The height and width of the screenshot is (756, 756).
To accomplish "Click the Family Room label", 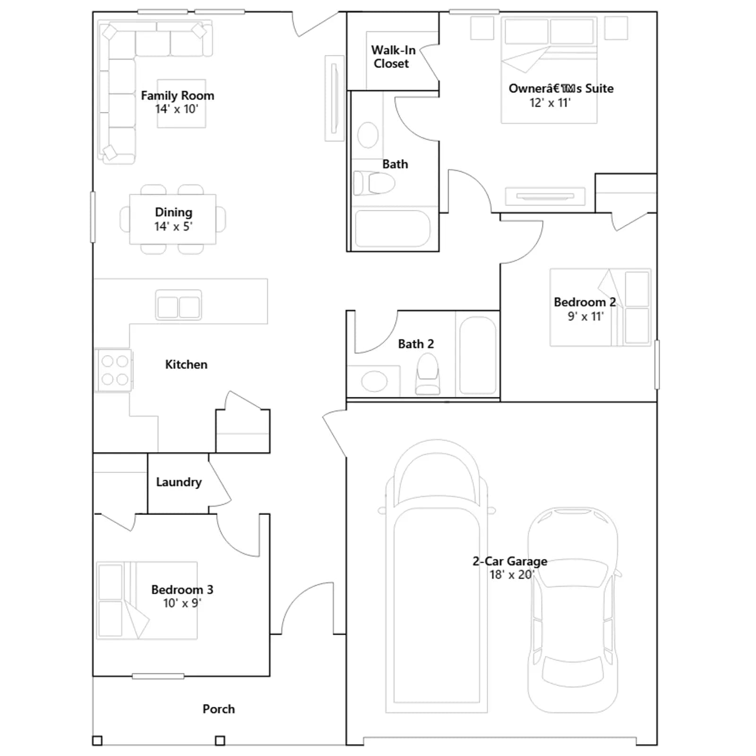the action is (x=178, y=95).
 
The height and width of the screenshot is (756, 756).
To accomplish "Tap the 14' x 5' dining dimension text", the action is (x=173, y=226).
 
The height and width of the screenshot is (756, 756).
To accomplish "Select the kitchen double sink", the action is (x=179, y=305).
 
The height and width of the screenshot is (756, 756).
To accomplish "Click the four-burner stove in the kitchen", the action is (x=114, y=370).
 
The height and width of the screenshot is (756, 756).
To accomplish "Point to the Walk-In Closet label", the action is (x=393, y=57).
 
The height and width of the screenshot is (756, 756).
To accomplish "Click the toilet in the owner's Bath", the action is (x=374, y=183).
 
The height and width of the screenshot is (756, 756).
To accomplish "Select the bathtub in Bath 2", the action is (x=478, y=355).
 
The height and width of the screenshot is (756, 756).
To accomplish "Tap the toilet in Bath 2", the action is (x=428, y=374).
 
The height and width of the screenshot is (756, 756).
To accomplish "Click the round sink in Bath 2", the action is (x=374, y=381).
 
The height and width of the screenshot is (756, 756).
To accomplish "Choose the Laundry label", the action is (x=179, y=482).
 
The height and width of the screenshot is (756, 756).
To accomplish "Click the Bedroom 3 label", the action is (x=182, y=589).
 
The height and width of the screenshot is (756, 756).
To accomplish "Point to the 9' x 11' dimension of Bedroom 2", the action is (x=585, y=316).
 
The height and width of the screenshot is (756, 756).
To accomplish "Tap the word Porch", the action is (x=218, y=709).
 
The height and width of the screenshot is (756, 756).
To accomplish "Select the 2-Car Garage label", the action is (x=510, y=561).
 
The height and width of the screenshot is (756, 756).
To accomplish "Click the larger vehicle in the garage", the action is (x=437, y=576).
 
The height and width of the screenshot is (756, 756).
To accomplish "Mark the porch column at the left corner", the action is (x=97, y=740).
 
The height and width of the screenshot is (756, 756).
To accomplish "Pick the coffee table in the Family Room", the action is (x=181, y=103).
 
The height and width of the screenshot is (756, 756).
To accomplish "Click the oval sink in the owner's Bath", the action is (x=368, y=135).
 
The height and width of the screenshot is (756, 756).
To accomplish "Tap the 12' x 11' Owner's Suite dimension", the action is (x=550, y=103).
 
